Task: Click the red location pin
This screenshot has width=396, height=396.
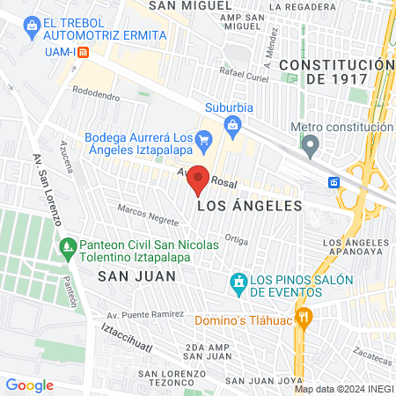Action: (199, 179)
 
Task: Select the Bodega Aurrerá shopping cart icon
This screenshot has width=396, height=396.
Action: (204, 138)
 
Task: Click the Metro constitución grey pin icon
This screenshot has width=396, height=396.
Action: (310, 147)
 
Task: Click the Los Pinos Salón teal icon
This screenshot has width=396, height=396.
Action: (237, 281)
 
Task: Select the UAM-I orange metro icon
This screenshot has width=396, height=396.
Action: (83, 51)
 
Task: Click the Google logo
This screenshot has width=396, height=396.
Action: (29, 385)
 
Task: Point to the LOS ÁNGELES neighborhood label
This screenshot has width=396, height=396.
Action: (250, 206)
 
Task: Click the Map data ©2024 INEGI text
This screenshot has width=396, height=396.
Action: (343, 389)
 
